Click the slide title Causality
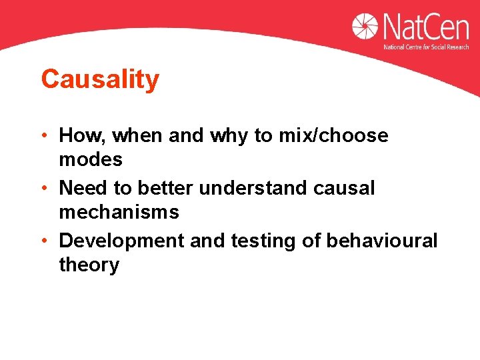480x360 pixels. click(x=100, y=80)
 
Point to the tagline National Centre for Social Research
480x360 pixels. click(x=427, y=47)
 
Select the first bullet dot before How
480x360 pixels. click(x=44, y=136)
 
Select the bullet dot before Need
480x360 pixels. click(x=44, y=189)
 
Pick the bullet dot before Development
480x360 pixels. click(x=44, y=241)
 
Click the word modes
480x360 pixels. click(x=91, y=160)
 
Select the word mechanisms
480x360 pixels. click(x=119, y=213)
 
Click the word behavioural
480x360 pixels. click(x=381, y=241)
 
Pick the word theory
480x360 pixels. click(x=89, y=265)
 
